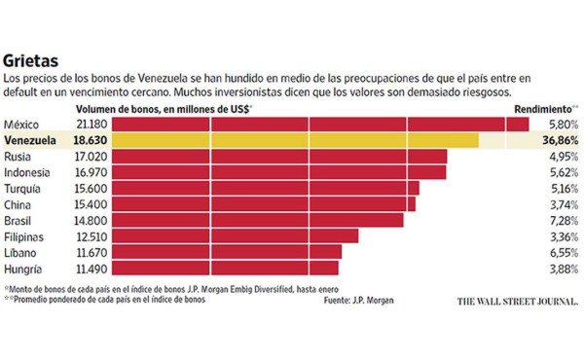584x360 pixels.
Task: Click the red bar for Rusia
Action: [281, 157]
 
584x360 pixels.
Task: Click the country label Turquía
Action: [24, 188]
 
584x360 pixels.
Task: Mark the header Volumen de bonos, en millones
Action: [165, 109]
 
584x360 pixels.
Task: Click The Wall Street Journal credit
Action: [518, 301]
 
